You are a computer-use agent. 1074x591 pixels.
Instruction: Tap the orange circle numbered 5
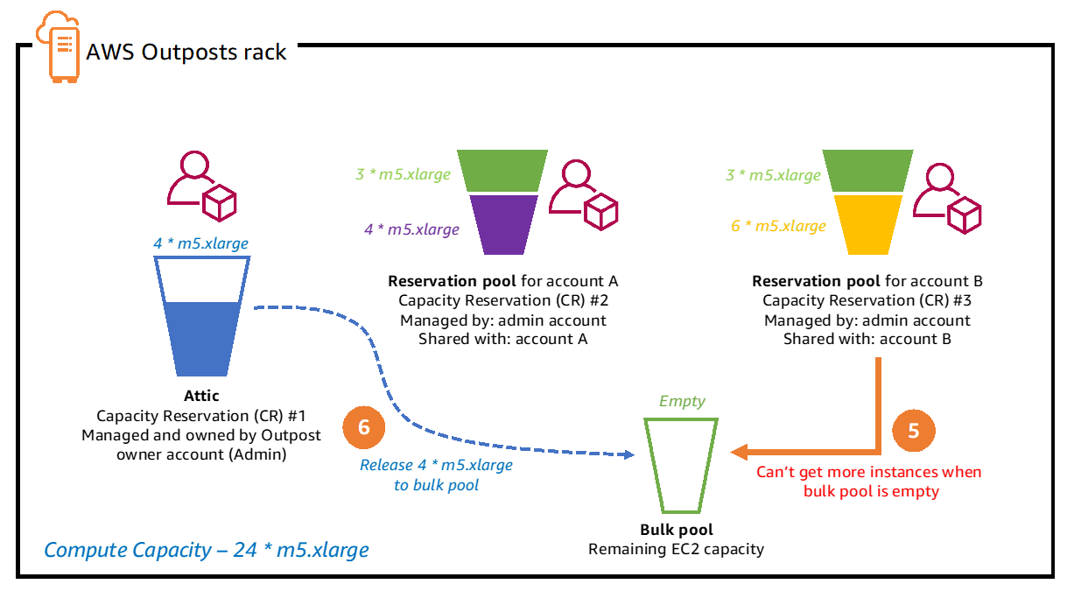pos(914,431)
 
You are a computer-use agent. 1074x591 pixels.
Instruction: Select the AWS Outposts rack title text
pos(186,52)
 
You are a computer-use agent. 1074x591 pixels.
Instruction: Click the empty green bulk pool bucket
pos(681,464)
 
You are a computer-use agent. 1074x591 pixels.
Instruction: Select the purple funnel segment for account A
pos(504,223)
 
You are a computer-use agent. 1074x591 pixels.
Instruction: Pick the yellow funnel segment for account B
pos(868,223)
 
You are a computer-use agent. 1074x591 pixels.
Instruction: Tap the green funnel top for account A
pos(504,172)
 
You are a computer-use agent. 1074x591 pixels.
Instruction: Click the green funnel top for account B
pos(868,172)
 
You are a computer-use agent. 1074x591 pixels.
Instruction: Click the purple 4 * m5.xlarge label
pos(411,229)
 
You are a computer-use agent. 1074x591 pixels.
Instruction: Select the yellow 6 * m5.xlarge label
pos(778,226)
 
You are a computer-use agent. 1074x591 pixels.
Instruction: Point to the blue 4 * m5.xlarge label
pos(200,243)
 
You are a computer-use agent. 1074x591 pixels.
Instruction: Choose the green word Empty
pos(681,401)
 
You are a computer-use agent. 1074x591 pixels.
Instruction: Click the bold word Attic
pos(201,396)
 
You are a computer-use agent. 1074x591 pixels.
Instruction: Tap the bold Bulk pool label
pos(676,530)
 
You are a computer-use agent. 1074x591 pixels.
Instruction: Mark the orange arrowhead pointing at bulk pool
pos(739,452)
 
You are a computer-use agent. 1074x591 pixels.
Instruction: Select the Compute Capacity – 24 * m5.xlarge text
pos(207,550)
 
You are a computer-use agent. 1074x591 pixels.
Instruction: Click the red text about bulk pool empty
pos(868,482)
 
